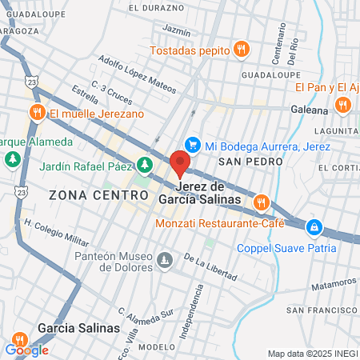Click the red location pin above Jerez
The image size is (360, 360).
(x=181, y=162)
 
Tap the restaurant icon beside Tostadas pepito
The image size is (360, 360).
(x=240, y=50)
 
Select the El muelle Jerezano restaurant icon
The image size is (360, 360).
(x=36, y=113)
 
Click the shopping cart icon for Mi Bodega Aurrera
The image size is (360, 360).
(x=192, y=145)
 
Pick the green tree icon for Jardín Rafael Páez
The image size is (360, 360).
(x=144, y=166)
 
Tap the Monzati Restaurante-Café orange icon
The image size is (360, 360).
(x=259, y=204)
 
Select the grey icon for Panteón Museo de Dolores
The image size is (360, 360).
(x=165, y=260)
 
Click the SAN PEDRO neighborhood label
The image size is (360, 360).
(x=250, y=162)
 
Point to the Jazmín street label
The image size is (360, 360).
(x=176, y=30)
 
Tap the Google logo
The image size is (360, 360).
(x=26, y=350)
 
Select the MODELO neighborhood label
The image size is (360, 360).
(x=156, y=348)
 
